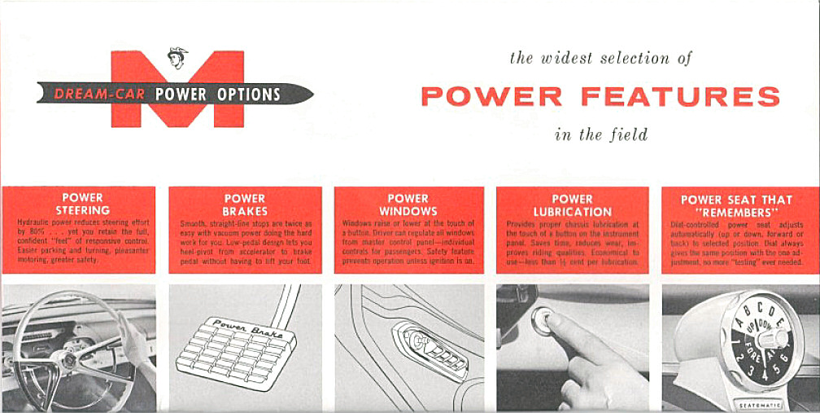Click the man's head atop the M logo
coord(177,58)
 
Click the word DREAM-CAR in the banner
coord(99,94)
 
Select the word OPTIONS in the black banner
coord(249,94)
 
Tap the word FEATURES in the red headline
coord(680,97)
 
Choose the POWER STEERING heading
coord(82,204)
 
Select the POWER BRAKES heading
coord(244,204)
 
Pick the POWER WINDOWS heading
coord(408,204)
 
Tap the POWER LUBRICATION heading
coord(572,204)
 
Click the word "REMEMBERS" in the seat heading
coord(736,211)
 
